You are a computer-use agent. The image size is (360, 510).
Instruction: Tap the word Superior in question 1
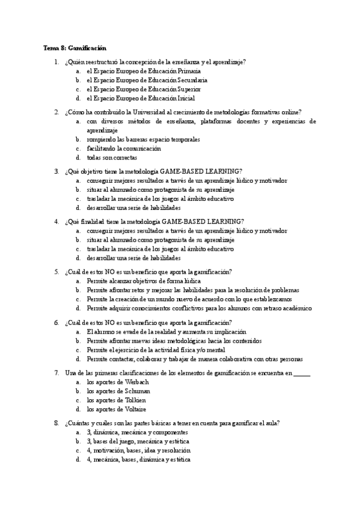189,89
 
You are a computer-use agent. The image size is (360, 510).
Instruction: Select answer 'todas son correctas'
112,158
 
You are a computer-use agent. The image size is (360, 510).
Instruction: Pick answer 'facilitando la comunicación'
124,148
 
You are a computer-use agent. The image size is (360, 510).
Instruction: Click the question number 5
56,271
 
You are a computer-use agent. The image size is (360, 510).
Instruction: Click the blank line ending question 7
302,373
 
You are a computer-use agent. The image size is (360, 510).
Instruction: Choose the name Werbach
136,382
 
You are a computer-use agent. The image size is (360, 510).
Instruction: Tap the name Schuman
138,391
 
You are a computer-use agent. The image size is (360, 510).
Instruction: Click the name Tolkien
135,400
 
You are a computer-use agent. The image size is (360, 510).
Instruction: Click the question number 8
56,423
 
